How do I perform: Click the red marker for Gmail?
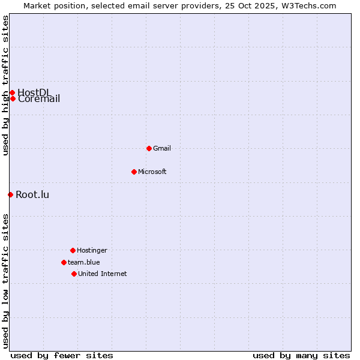coord(149,148)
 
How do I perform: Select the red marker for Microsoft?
coord(134,172)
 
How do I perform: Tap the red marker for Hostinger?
coord(73,250)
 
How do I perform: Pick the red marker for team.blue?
coord(64,262)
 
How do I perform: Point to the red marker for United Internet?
coord(74,274)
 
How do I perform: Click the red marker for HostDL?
coord(12,92)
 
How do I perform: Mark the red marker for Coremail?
coord(13,98)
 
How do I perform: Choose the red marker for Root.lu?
coord(10,194)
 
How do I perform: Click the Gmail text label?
coord(162,148)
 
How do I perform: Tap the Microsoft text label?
coord(152,172)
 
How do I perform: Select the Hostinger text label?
coord(92,250)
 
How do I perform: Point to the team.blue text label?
coord(84,262)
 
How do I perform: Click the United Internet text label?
coord(103,274)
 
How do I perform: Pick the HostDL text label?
coord(34,92)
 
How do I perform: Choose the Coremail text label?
coord(39,99)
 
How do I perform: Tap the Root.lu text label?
coord(32,194)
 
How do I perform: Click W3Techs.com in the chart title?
coord(311,5)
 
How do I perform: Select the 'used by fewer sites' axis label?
coord(62,355)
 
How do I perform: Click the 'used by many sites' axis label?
coord(301,355)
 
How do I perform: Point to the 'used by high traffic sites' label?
coord(5,85)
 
